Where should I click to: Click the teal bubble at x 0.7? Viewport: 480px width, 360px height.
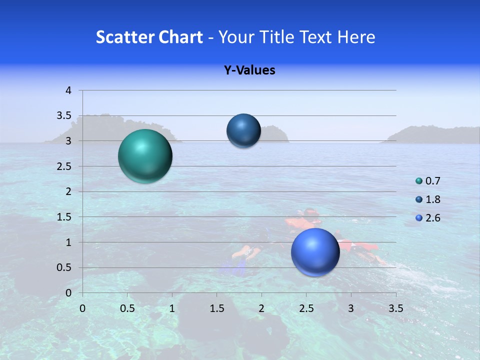pos(145,156)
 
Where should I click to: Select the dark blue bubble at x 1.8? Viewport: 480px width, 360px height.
pos(243,130)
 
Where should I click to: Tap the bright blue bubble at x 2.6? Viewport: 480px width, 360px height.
pos(315,252)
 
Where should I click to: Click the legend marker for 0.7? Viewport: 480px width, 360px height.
pos(419,181)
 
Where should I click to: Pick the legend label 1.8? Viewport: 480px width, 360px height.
pos(433,199)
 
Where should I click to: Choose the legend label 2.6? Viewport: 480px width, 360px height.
pos(433,218)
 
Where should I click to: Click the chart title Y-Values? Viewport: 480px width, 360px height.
pos(249,70)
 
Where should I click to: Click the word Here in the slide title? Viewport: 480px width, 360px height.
pos(355,37)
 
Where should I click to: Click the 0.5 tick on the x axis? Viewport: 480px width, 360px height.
pos(127,308)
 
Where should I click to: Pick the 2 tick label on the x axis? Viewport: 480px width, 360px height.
pos(261,308)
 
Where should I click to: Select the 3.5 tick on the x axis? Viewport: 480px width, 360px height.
pos(396,308)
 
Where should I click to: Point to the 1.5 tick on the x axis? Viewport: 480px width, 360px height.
pos(217,308)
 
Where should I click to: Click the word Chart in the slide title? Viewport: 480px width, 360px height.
pos(180,37)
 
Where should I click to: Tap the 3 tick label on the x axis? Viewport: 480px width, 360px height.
pos(351,308)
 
